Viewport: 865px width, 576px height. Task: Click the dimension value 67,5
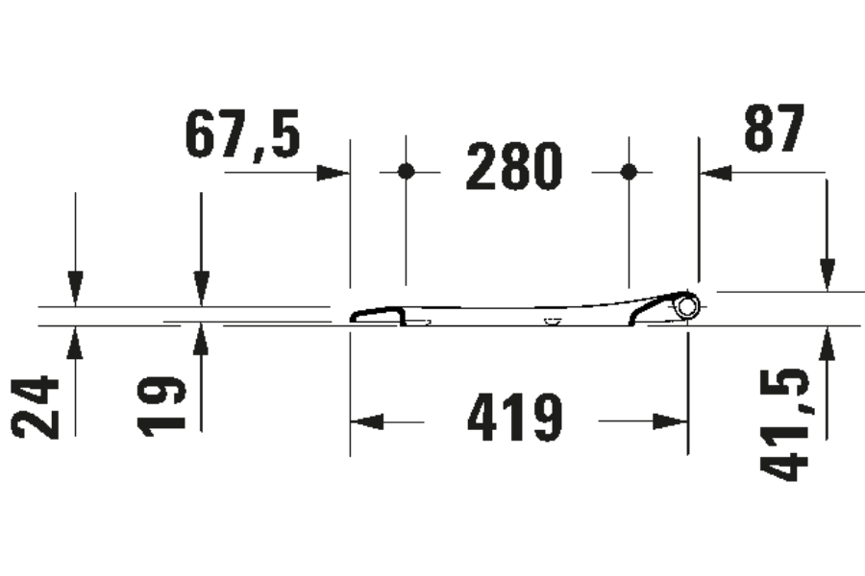pyautogui.click(x=242, y=136)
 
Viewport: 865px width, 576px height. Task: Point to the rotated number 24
pyautogui.click(x=37, y=407)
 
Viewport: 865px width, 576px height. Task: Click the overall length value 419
pyautogui.click(x=514, y=420)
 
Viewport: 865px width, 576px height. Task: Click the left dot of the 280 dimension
pyautogui.click(x=406, y=172)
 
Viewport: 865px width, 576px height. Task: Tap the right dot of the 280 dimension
pyautogui.click(x=629, y=172)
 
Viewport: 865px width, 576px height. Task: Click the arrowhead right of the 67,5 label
pyautogui.click(x=333, y=173)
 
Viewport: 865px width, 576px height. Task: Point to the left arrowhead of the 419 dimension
pyautogui.click(x=366, y=421)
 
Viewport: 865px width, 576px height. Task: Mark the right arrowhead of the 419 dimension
pyautogui.click(x=671, y=421)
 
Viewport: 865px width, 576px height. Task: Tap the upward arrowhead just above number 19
pyautogui.click(x=201, y=342)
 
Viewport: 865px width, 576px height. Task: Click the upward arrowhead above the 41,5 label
pyautogui.click(x=825, y=343)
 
